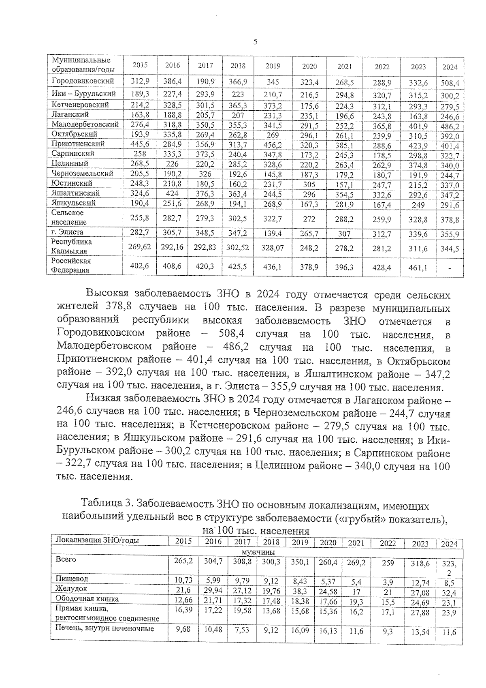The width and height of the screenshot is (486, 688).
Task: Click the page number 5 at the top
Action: [x=255, y=42]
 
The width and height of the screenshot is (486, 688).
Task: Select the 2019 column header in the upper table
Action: [x=273, y=66]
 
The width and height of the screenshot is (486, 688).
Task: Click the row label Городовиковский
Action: [x=83, y=81]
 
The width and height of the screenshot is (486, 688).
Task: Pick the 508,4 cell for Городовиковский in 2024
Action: [x=450, y=84]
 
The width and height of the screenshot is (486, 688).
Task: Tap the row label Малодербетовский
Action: [x=85, y=124]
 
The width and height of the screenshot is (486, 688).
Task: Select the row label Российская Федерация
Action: [x=71, y=266]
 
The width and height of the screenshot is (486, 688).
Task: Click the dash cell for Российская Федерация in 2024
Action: [x=450, y=268]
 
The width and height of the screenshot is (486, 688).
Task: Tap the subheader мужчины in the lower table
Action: [x=258, y=552]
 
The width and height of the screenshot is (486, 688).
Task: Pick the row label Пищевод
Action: [x=72, y=578]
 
